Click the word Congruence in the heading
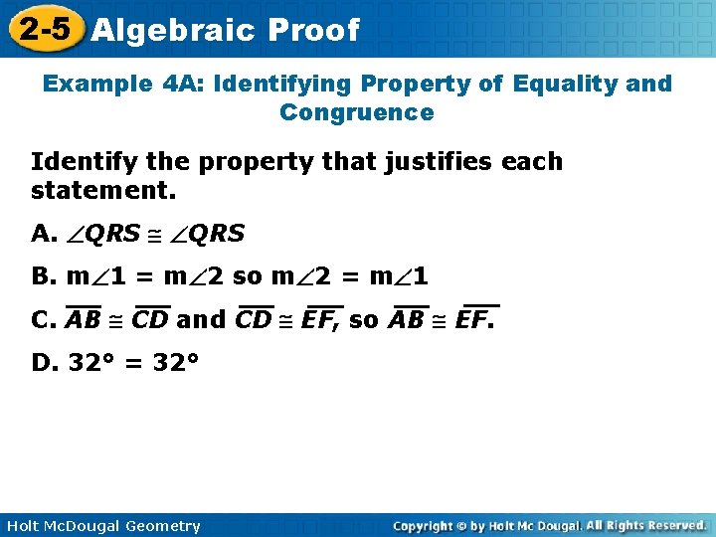(x=357, y=112)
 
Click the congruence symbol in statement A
(x=155, y=235)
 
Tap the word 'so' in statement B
(x=246, y=276)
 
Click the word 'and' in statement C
(x=201, y=320)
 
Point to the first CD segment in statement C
(x=150, y=320)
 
